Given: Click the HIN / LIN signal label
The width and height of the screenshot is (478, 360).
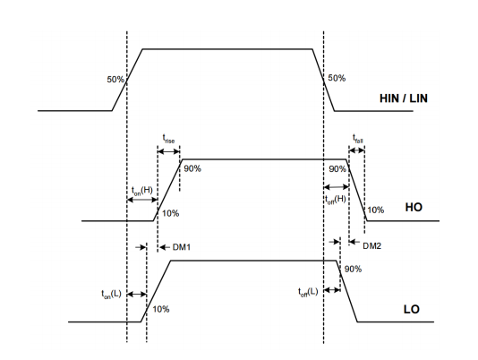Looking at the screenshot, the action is tap(404, 99).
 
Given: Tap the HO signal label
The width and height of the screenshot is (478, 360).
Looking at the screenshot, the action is tap(414, 207).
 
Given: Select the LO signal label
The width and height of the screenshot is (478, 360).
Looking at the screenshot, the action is tap(412, 309).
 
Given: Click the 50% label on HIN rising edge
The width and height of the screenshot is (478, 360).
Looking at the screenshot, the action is tap(115, 80).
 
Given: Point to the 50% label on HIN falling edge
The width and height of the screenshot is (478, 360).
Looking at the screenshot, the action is tap(337, 78).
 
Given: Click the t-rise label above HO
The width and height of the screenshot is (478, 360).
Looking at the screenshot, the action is tap(168, 139).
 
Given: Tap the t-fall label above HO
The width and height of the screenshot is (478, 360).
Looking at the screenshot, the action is tap(358, 139).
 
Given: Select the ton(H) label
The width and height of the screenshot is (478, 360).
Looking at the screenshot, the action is tap(142, 191).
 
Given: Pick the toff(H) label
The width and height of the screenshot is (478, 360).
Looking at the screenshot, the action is tap(336, 200).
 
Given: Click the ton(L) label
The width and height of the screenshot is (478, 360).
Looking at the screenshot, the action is tap(111, 294).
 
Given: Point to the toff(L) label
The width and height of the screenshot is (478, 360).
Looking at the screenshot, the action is tap(308, 292).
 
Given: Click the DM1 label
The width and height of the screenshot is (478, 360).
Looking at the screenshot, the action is tap(182, 247).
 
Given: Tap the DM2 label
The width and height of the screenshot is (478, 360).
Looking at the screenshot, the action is tap(371, 246).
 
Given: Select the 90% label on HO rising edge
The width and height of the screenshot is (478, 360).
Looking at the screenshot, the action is tap(192, 168).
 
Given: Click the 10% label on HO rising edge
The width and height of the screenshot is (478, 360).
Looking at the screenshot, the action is tap(170, 213).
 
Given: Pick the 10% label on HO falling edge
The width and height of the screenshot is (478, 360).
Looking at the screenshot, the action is tap(376, 210).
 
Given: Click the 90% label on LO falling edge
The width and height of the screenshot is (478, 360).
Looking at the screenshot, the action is tap(353, 269).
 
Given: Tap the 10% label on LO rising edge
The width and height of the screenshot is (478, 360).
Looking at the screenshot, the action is tap(160, 309).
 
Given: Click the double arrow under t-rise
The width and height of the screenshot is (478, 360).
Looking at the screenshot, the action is tap(168, 151).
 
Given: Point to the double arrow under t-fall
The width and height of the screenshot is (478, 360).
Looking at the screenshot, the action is tap(356, 150).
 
